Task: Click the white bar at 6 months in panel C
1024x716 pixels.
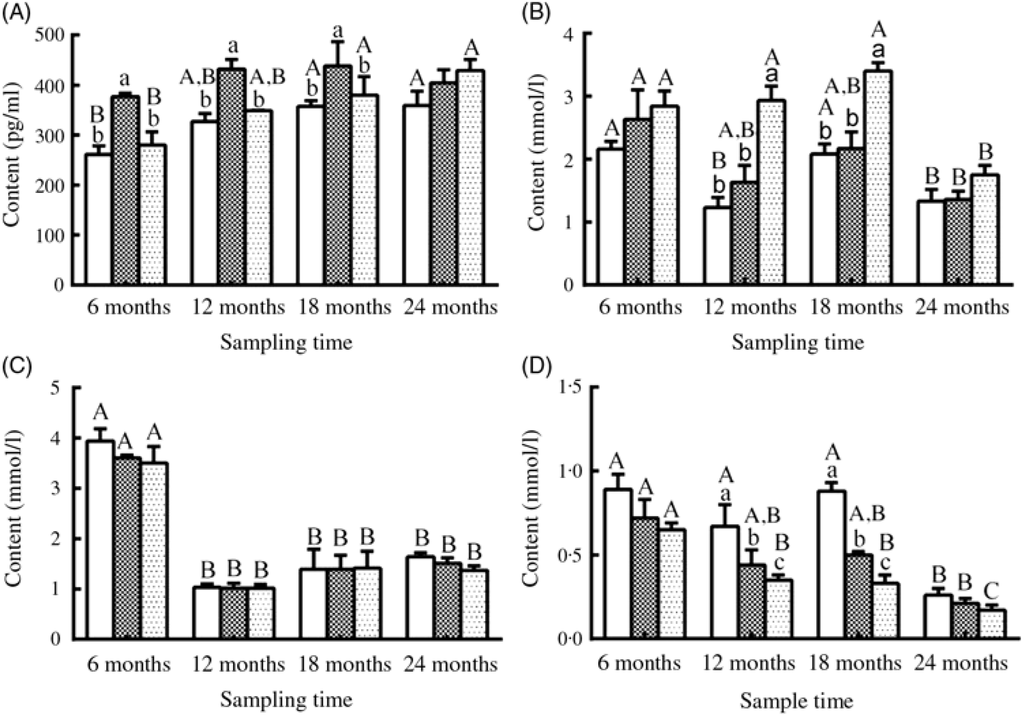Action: pyautogui.click(x=99, y=539)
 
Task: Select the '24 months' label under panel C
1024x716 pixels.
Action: pyautogui.click(x=450, y=663)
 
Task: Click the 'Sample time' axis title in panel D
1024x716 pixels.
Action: pyautogui.click(x=796, y=700)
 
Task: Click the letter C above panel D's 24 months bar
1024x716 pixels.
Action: pyautogui.click(x=991, y=588)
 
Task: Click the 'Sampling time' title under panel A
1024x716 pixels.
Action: pyautogui.click(x=286, y=342)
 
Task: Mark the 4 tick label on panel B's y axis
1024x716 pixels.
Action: pyautogui.click(x=575, y=35)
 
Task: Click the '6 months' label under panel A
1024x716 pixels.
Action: pyautogui.click(x=128, y=308)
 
